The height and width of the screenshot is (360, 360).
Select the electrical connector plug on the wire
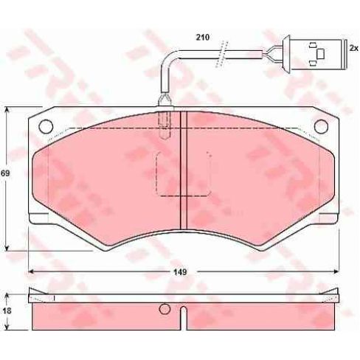point(317,52)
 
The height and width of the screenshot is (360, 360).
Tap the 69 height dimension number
point(5,173)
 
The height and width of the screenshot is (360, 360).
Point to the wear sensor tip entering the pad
point(165,118)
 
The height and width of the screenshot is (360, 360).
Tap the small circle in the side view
point(165,310)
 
